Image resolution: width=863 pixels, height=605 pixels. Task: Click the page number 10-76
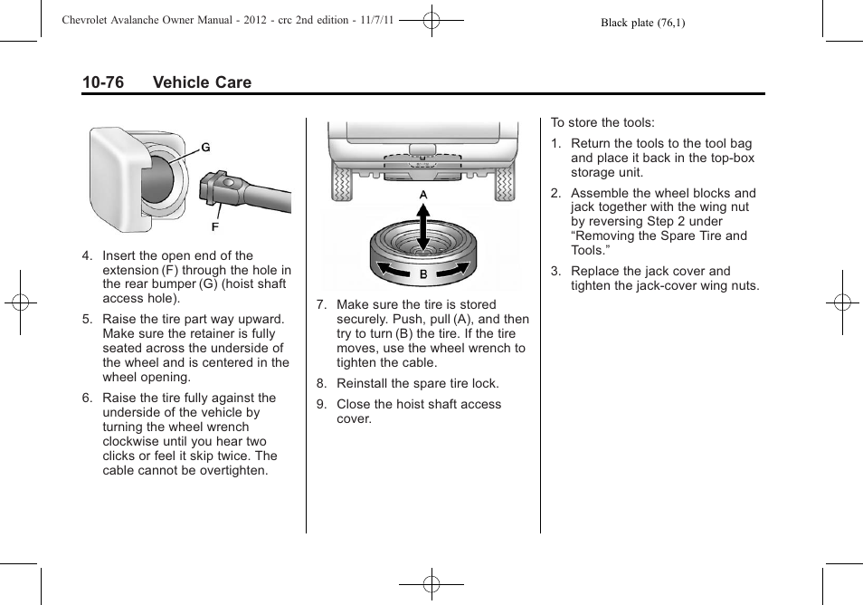(x=102, y=82)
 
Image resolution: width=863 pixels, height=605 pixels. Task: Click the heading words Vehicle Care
(x=202, y=82)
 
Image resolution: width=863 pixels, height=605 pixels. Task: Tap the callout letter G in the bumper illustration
(x=205, y=148)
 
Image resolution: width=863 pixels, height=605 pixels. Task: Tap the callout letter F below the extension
(x=215, y=226)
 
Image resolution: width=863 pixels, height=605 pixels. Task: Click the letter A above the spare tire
(x=422, y=196)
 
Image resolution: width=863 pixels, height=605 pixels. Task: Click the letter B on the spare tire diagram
(x=422, y=274)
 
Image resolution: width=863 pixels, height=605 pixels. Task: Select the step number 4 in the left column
(x=87, y=256)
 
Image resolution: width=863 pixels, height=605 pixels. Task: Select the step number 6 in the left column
(x=87, y=398)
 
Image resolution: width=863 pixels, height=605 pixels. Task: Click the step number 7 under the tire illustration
(x=320, y=305)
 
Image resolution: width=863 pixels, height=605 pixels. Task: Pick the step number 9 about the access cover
(x=320, y=405)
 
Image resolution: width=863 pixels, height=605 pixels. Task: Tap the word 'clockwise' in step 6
(x=130, y=441)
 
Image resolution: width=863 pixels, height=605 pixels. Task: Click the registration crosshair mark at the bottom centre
(x=431, y=584)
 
